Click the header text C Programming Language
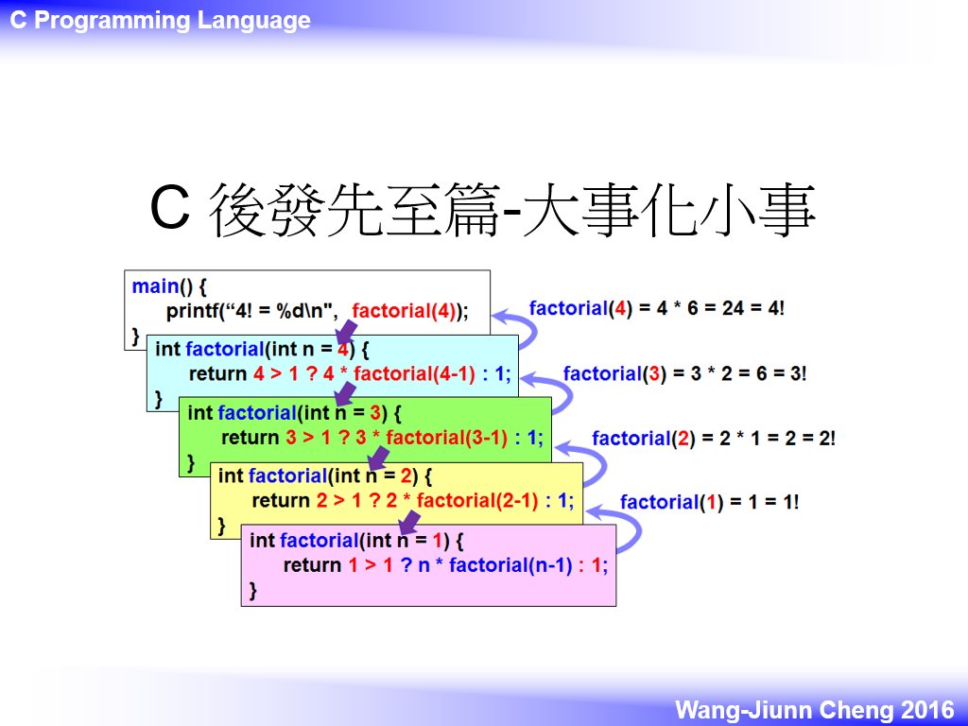point(161,21)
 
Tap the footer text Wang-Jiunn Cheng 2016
point(815,709)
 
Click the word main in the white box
point(156,286)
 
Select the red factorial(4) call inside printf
point(405,310)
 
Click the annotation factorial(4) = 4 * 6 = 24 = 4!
point(657,308)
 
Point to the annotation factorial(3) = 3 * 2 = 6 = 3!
point(684,373)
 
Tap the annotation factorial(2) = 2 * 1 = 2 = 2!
point(714,439)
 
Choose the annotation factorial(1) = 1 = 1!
point(710,503)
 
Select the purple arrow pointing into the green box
point(345,394)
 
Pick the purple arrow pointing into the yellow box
point(378,458)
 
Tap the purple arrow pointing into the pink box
point(409,523)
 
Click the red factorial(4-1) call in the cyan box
point(414,374)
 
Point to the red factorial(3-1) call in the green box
point(446,438)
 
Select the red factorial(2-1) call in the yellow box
point(477,501)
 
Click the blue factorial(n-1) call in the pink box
point(510,565)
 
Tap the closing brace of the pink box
point(251,591)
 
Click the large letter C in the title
point(169,208)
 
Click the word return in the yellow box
point(281,501)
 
